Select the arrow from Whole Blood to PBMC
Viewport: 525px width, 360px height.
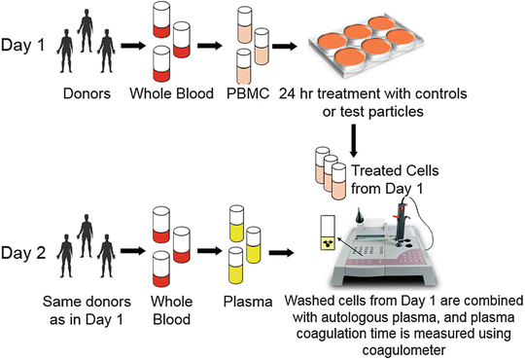(x=207, y=45)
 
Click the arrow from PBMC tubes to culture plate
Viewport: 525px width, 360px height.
(x=285, y=45)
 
